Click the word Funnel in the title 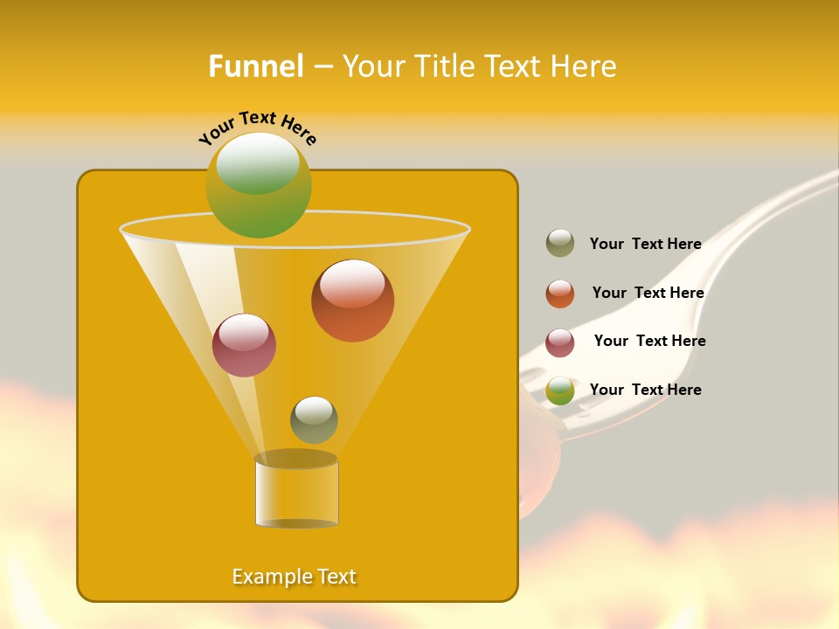(x=255, y=66)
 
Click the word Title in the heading (x=446, y=66)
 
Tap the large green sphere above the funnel (x=258, y=185)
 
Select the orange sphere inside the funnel (x=352, y=301)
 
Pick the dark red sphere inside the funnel (x=244, y=346)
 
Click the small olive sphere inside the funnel (x=314, y=420)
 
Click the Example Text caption (x=295, y=577)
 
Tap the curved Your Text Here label (x=258, y=128)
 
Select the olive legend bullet (x=560, y=244)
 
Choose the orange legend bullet (x=560, y=294)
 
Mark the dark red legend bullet (x=560, y=342)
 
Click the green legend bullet (x=560, y=391)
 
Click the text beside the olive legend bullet (x=646, y=245)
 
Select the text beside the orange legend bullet (x=648, y=293)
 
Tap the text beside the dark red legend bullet (x=649, y=341)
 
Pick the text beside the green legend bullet (x=646, y=390)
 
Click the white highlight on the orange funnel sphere (x=352, y=285)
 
